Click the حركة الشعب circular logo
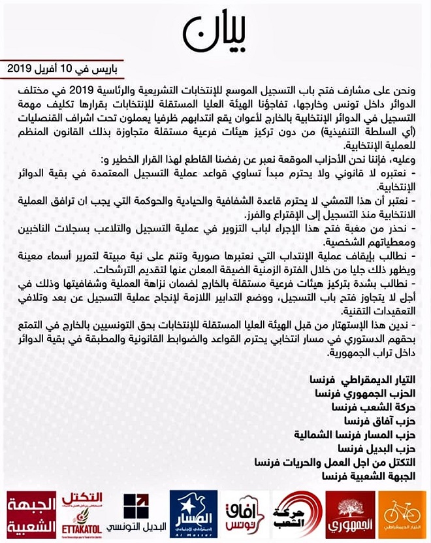297,512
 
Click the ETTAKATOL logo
82,512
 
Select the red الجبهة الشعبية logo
28,514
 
